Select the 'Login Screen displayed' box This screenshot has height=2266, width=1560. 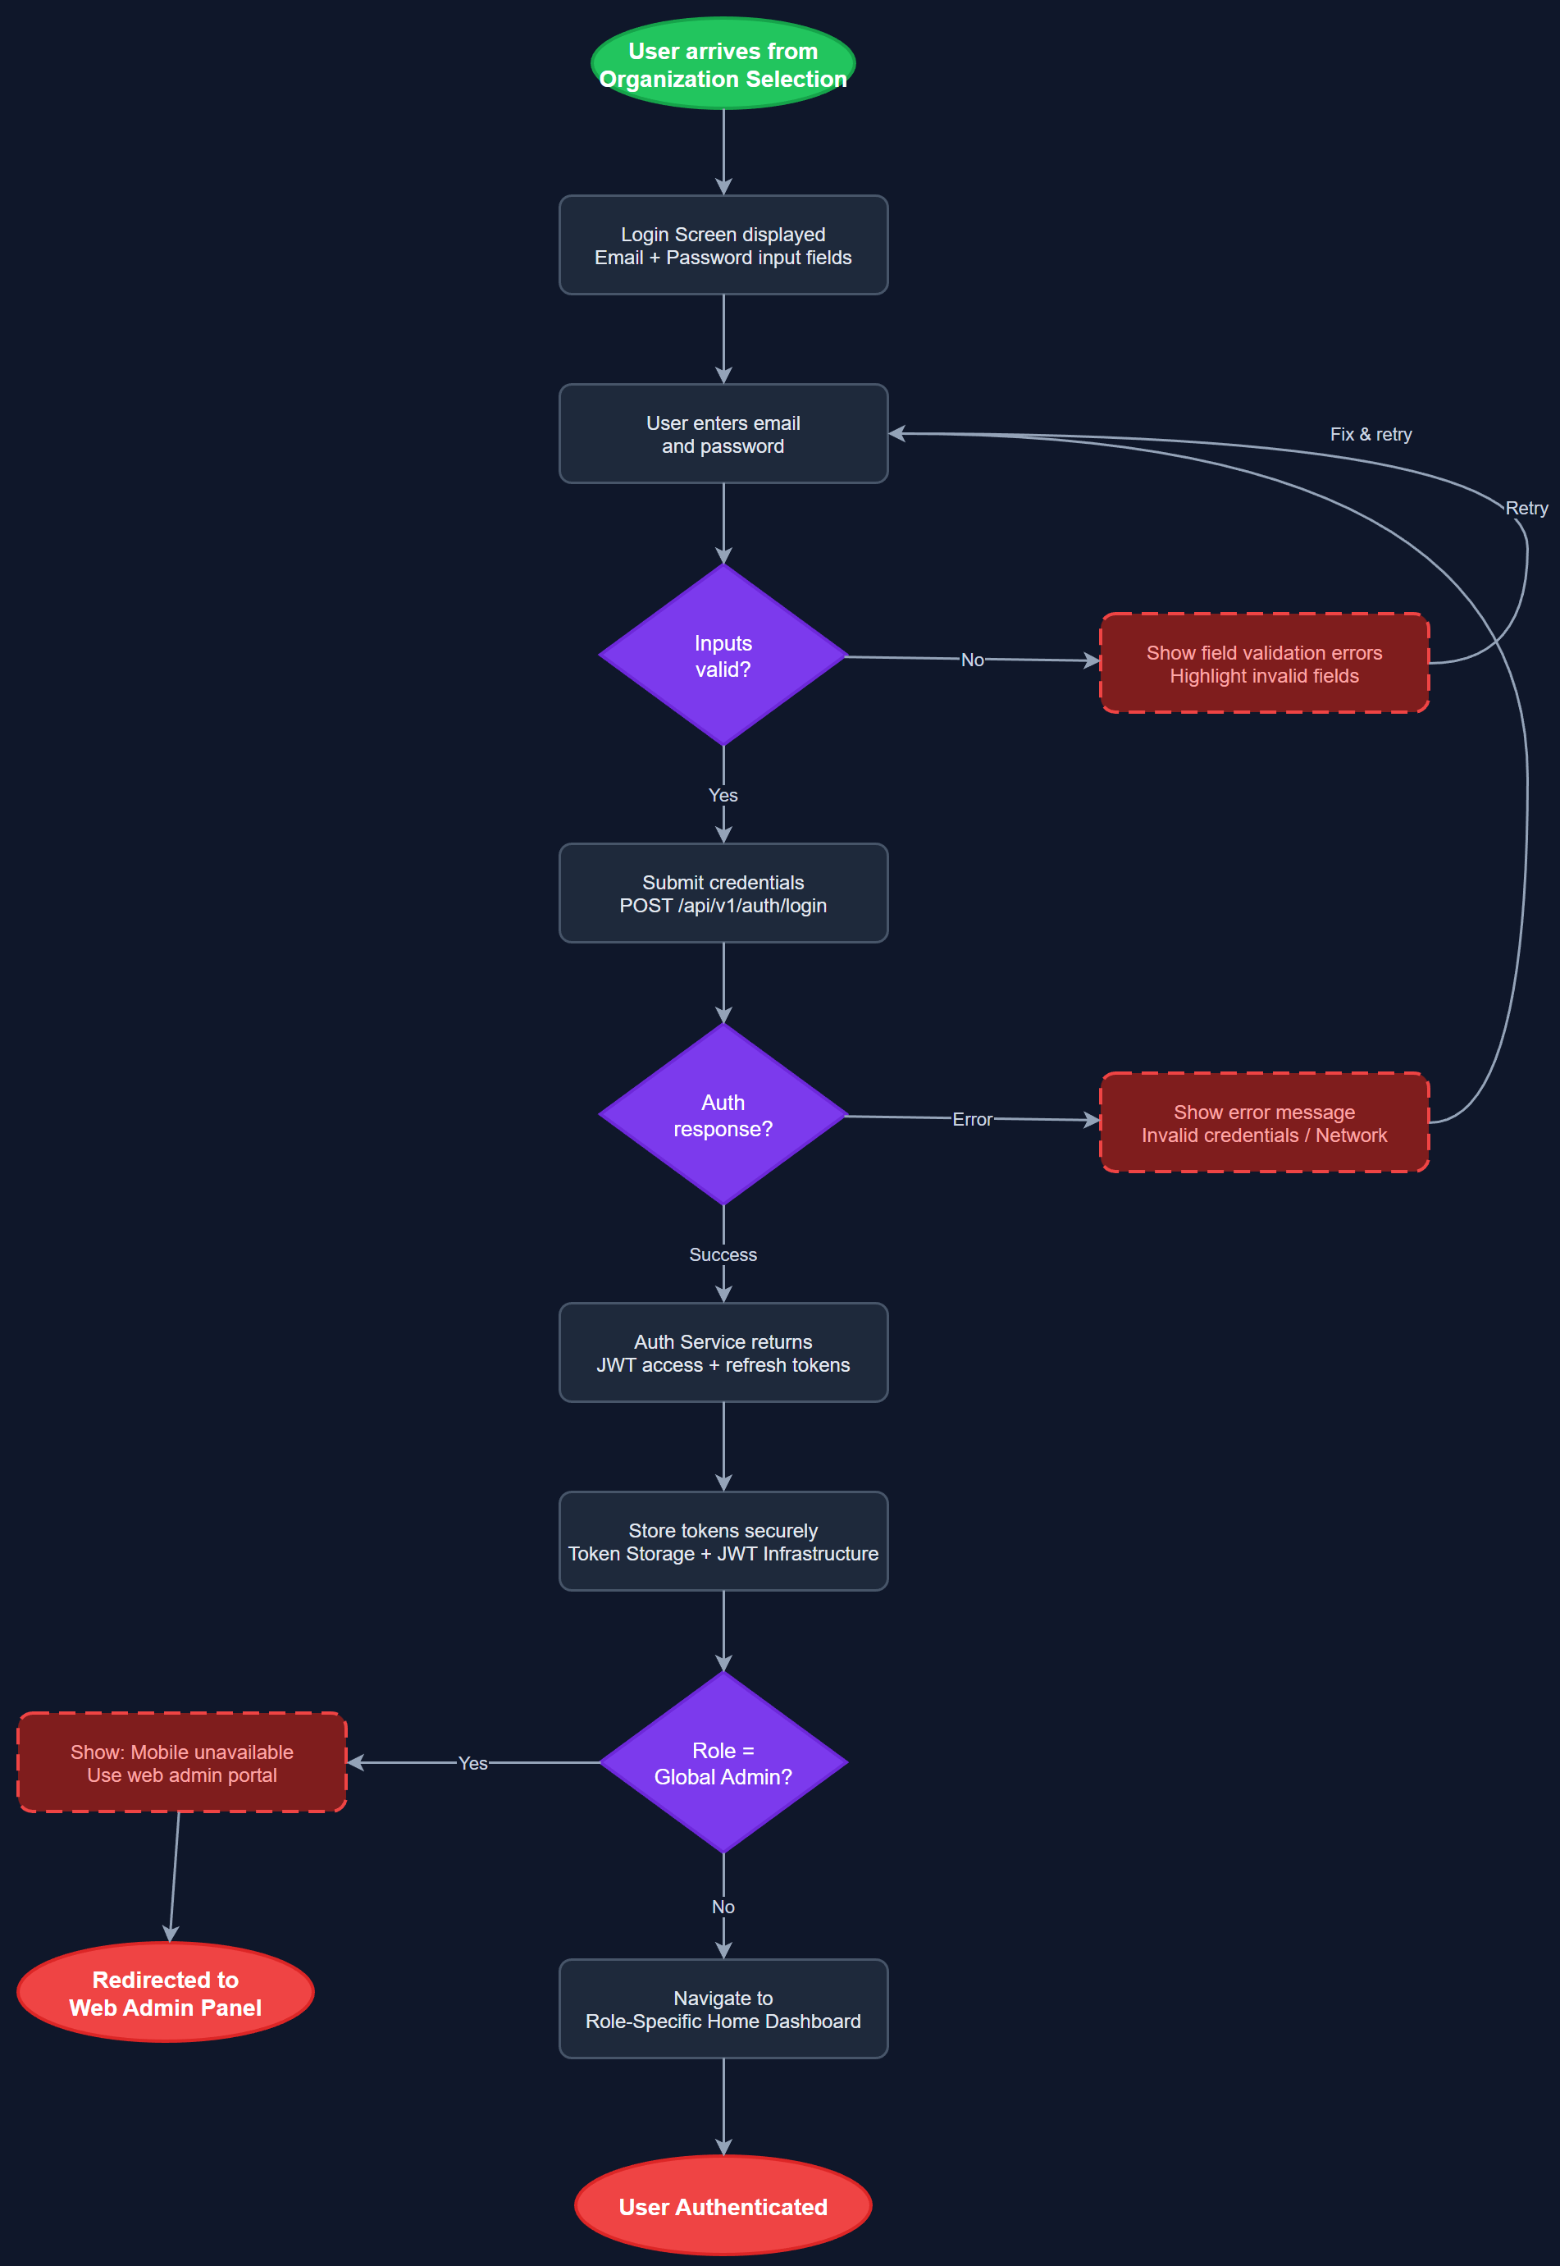(x=723, y=245)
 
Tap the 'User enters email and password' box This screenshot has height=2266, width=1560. (x=723, y=434)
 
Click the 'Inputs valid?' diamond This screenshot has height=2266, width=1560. (x=723, y=656)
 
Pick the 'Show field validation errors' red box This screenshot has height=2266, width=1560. (x=1263, y=664)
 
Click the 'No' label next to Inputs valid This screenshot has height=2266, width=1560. (x=972, y=660)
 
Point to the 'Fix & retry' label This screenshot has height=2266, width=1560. (x=1371, y=434)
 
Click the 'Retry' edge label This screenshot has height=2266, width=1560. (x=1526, y=509)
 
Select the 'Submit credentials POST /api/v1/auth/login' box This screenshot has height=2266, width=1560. (x=723, y=893)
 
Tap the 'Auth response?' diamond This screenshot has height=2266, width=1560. (x=723, y=1116)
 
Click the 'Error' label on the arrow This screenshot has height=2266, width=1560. (x=972, y=1119)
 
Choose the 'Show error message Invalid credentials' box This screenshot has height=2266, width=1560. (x=1263, y=1123)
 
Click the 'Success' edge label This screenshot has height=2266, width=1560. (x=723, y=1254)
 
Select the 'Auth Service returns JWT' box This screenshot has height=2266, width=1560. (x=723, y=1353)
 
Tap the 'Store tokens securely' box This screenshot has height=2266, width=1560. (x=723, y=1542)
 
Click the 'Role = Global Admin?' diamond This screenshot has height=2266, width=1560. (x=723, y=1764)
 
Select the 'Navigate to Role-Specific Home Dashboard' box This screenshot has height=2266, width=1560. (x=723, y=2009)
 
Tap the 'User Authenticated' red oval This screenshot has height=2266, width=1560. (x=723, y=2206)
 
